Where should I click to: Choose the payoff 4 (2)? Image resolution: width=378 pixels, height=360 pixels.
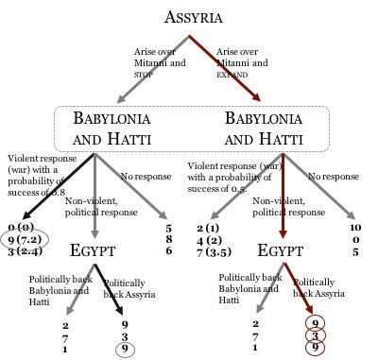[209, 240]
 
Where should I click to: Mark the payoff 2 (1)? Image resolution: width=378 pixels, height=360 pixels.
[208, 228]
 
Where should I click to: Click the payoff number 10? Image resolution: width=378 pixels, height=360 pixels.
[354, 227]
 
